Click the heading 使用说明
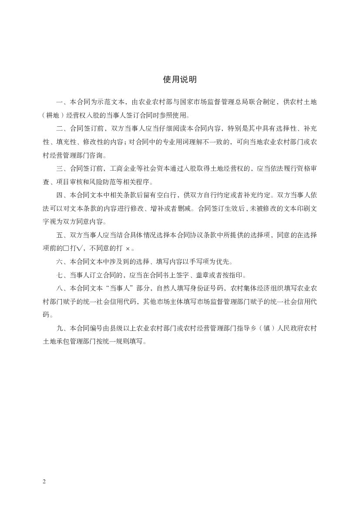pos(180,79)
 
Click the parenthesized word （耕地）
pos(57,116)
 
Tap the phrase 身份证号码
pos(207,288)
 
